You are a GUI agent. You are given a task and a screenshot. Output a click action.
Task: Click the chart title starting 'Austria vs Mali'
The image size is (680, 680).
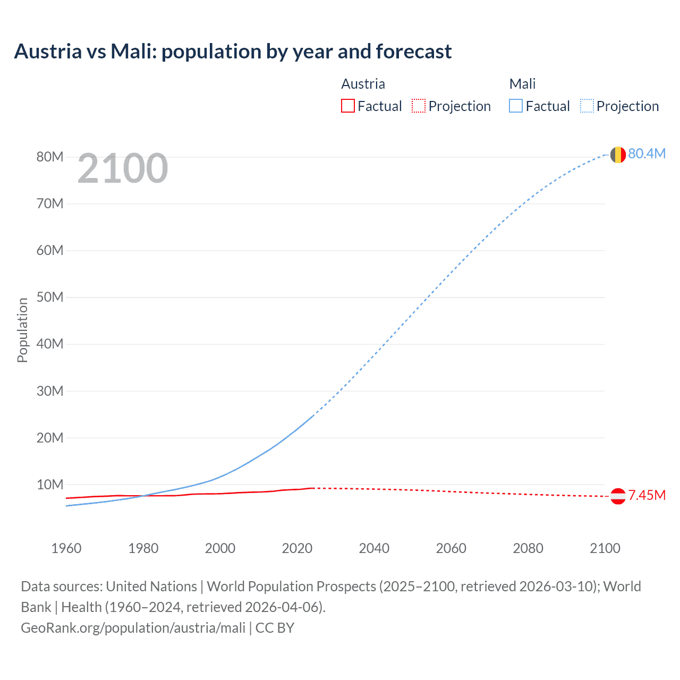pos(233,52)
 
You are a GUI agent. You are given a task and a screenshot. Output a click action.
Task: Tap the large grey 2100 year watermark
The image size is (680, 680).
pos(123,168)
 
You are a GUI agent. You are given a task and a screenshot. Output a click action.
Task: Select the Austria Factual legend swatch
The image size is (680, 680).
pos(347,106)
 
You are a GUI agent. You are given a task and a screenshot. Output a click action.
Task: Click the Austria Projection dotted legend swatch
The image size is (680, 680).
pos(419,106)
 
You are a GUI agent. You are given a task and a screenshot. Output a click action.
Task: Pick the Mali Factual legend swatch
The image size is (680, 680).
pos(515,106)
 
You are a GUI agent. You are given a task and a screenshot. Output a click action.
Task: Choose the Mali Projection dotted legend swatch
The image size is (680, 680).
pos(586,106)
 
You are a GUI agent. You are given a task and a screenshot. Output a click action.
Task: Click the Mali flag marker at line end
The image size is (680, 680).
pos(617,155)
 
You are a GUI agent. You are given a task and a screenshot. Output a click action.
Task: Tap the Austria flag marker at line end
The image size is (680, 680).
pos(617,496)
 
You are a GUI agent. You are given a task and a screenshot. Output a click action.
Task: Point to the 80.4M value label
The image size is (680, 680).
pos(647,154)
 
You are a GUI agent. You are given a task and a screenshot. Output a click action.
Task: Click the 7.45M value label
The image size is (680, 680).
pos(647,495)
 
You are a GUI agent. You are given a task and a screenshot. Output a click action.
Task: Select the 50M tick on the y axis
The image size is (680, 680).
pos(50,297)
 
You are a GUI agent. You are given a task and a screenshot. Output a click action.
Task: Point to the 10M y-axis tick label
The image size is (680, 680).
pos(50,484)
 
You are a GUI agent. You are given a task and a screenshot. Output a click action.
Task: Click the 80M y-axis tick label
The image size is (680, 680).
pos(50,157)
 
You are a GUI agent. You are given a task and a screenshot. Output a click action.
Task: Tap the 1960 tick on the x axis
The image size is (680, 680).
pos(66,548)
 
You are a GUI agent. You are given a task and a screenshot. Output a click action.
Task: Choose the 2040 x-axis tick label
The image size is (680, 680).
pos(374,548)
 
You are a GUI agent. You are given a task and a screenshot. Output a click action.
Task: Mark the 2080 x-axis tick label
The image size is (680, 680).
pos(528,548)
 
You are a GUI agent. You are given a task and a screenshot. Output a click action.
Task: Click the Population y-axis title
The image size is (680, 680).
pos(22,330)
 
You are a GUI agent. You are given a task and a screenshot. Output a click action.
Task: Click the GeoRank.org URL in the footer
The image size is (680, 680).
pos(133,627)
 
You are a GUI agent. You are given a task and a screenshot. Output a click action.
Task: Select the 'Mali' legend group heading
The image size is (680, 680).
pos(522,84)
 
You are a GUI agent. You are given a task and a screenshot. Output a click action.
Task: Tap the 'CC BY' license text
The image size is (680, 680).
pos(275,627)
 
